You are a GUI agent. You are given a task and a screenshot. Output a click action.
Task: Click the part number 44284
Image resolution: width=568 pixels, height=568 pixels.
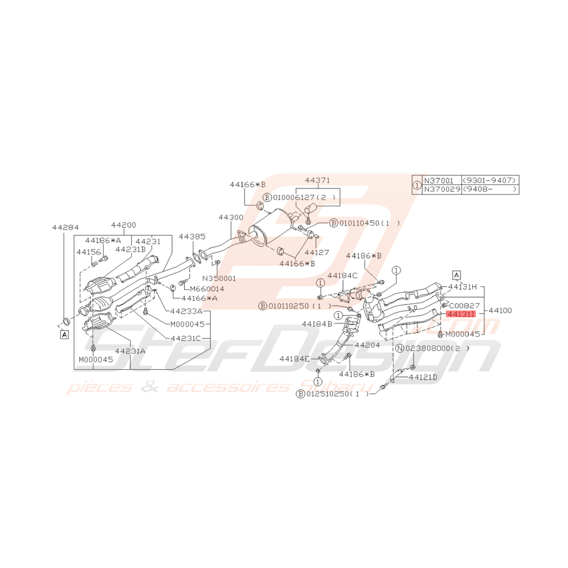pos(63,227)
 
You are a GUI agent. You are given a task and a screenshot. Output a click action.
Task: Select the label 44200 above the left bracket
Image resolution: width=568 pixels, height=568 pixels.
pos(123,225)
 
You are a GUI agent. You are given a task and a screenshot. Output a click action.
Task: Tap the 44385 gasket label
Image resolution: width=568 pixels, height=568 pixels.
pos(192,235)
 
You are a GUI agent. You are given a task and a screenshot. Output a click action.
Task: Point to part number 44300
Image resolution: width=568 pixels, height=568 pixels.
pos(231,217)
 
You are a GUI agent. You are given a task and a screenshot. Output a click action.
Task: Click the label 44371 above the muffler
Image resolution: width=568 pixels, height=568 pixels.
pos(317,181)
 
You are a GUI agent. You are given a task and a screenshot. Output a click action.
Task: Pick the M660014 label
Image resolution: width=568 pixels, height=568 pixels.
pos(206,289)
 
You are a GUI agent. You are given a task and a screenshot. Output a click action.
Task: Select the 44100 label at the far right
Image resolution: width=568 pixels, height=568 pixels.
pos(498,311)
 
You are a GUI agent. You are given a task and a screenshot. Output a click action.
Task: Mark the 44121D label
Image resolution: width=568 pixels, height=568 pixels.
pos(423,377)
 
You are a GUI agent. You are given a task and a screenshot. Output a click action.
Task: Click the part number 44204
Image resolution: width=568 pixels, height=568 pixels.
pos(367,345)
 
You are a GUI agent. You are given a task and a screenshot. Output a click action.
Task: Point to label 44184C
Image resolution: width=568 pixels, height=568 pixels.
pos(342,276)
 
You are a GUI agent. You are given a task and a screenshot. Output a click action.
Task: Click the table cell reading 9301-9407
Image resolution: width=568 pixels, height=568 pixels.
pos(490,181)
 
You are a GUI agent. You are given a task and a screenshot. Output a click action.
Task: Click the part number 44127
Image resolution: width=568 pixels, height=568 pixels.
pos(317,251)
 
